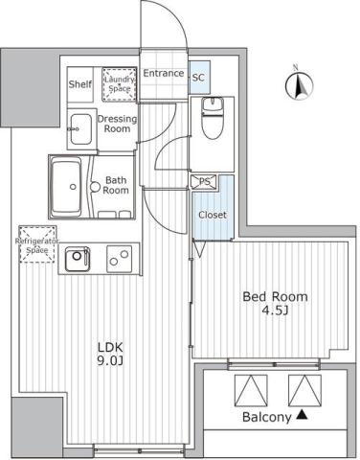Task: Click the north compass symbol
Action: tap(297, 86)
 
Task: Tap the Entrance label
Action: tap(164, 73)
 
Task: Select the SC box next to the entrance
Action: tap(198, 78)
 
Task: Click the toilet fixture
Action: tap(216, 119)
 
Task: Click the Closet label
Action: tap(212, 215)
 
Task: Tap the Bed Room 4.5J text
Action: tap(274, 304)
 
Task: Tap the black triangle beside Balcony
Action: tap(303, 415)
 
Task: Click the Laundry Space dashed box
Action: tap(120, 83)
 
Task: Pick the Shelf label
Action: tap(79, 84)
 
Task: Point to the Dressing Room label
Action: tap(117, 123)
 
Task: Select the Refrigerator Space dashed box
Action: tap(36, 242)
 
